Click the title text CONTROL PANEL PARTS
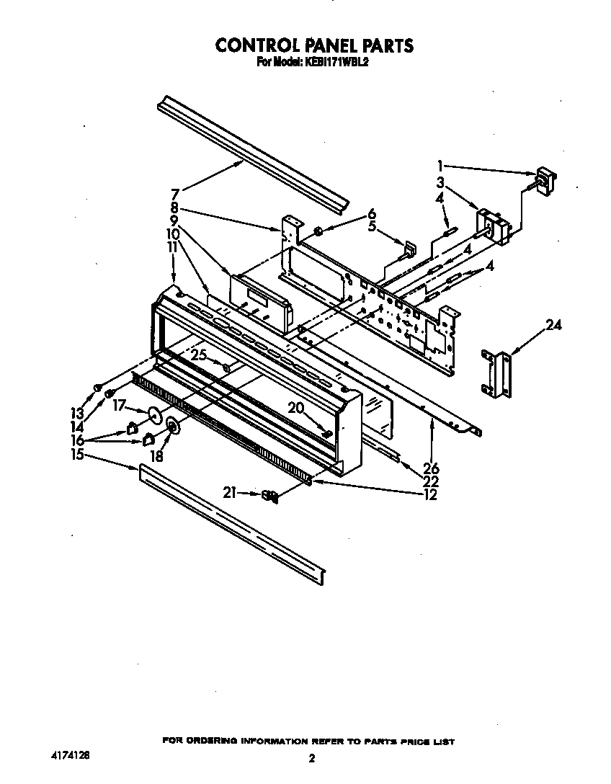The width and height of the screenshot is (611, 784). [x=315, y=45]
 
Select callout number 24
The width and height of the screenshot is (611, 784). [x=553, y=324]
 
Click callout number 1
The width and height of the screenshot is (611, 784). [x=440, y=164]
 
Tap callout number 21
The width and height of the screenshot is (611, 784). [x=229, y=494]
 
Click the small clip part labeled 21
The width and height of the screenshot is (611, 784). [x=270, y=495]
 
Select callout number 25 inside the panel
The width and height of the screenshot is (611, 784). [x=199, y=355]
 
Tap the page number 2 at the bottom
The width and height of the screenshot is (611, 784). [x=312, y=758]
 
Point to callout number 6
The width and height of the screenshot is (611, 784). [x=372, y=213]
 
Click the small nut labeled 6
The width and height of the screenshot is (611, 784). [x=317, y=231]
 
